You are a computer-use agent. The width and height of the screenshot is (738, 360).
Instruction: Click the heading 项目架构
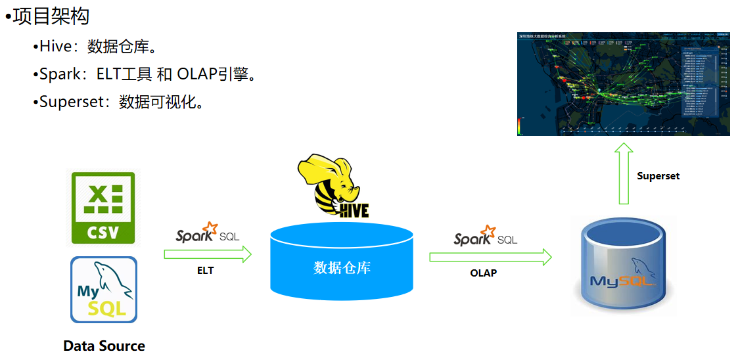click(51, 16)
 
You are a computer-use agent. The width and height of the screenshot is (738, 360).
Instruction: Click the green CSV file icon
click(103, 208)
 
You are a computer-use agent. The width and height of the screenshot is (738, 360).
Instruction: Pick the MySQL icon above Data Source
click(104, 290)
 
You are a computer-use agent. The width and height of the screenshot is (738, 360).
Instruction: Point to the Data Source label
click(104, 346)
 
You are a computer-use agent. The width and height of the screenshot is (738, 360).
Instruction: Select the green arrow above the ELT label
click(208, 254)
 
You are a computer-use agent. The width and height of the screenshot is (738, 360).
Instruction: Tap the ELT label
click(205, 270)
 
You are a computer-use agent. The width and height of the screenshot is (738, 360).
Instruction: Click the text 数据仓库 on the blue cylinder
click(342, 268)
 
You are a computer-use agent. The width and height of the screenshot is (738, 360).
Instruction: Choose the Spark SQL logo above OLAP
click(485, 236)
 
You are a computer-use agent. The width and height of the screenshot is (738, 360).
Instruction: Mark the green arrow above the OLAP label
click(490, 257)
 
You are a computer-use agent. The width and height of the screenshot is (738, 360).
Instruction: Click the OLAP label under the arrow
click(484, 273)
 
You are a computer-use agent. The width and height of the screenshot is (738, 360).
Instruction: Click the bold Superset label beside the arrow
click(658, 176)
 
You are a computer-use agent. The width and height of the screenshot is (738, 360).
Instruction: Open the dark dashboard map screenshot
click(624, 83)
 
